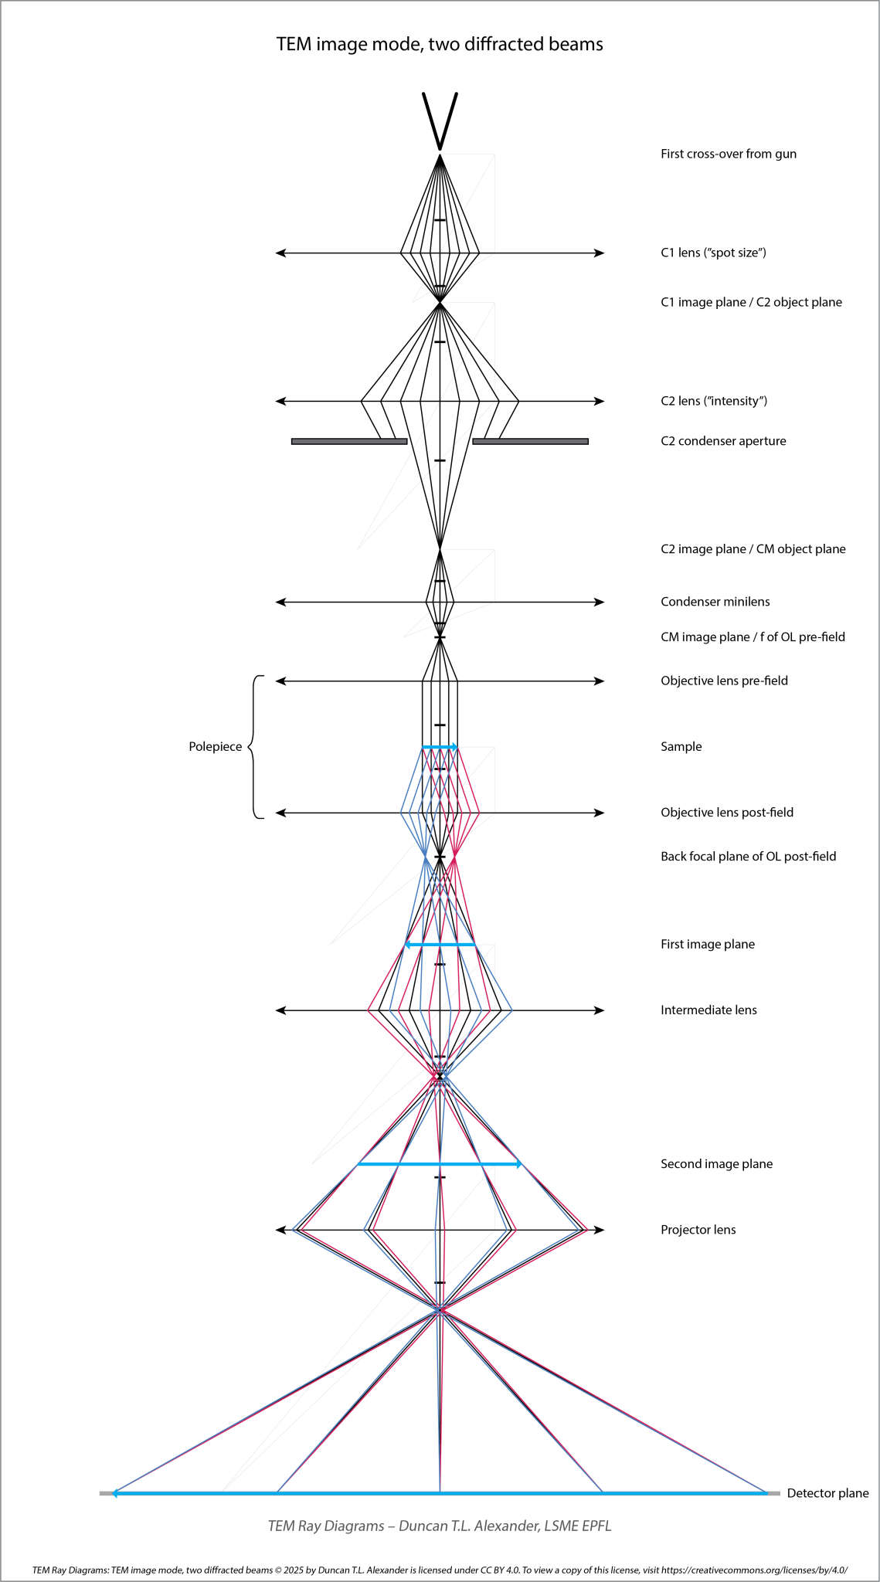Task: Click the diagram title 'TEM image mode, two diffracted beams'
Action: coord(440,44)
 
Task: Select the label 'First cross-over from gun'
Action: coord(729,154)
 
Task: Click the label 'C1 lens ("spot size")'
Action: coord(713,253)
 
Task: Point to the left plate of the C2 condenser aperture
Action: coord(349,441)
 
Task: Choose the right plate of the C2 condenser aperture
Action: coord(530,441)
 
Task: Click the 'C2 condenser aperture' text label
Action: coord(723,441)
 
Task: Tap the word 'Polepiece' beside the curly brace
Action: coord(216,747)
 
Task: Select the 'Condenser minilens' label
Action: coord(715,602)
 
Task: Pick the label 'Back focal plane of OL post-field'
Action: coord(749,857)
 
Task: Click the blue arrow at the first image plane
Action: coord(440,945)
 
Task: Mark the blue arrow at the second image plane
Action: coord(440,1164)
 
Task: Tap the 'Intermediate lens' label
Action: coord(708,1010)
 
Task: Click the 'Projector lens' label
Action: coord(698,1230)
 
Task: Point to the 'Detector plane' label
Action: coord(827,1493)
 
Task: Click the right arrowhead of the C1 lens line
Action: coord(600,253)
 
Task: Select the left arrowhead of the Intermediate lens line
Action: coord(280,1010)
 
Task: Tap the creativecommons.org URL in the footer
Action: coord(755,1570)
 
